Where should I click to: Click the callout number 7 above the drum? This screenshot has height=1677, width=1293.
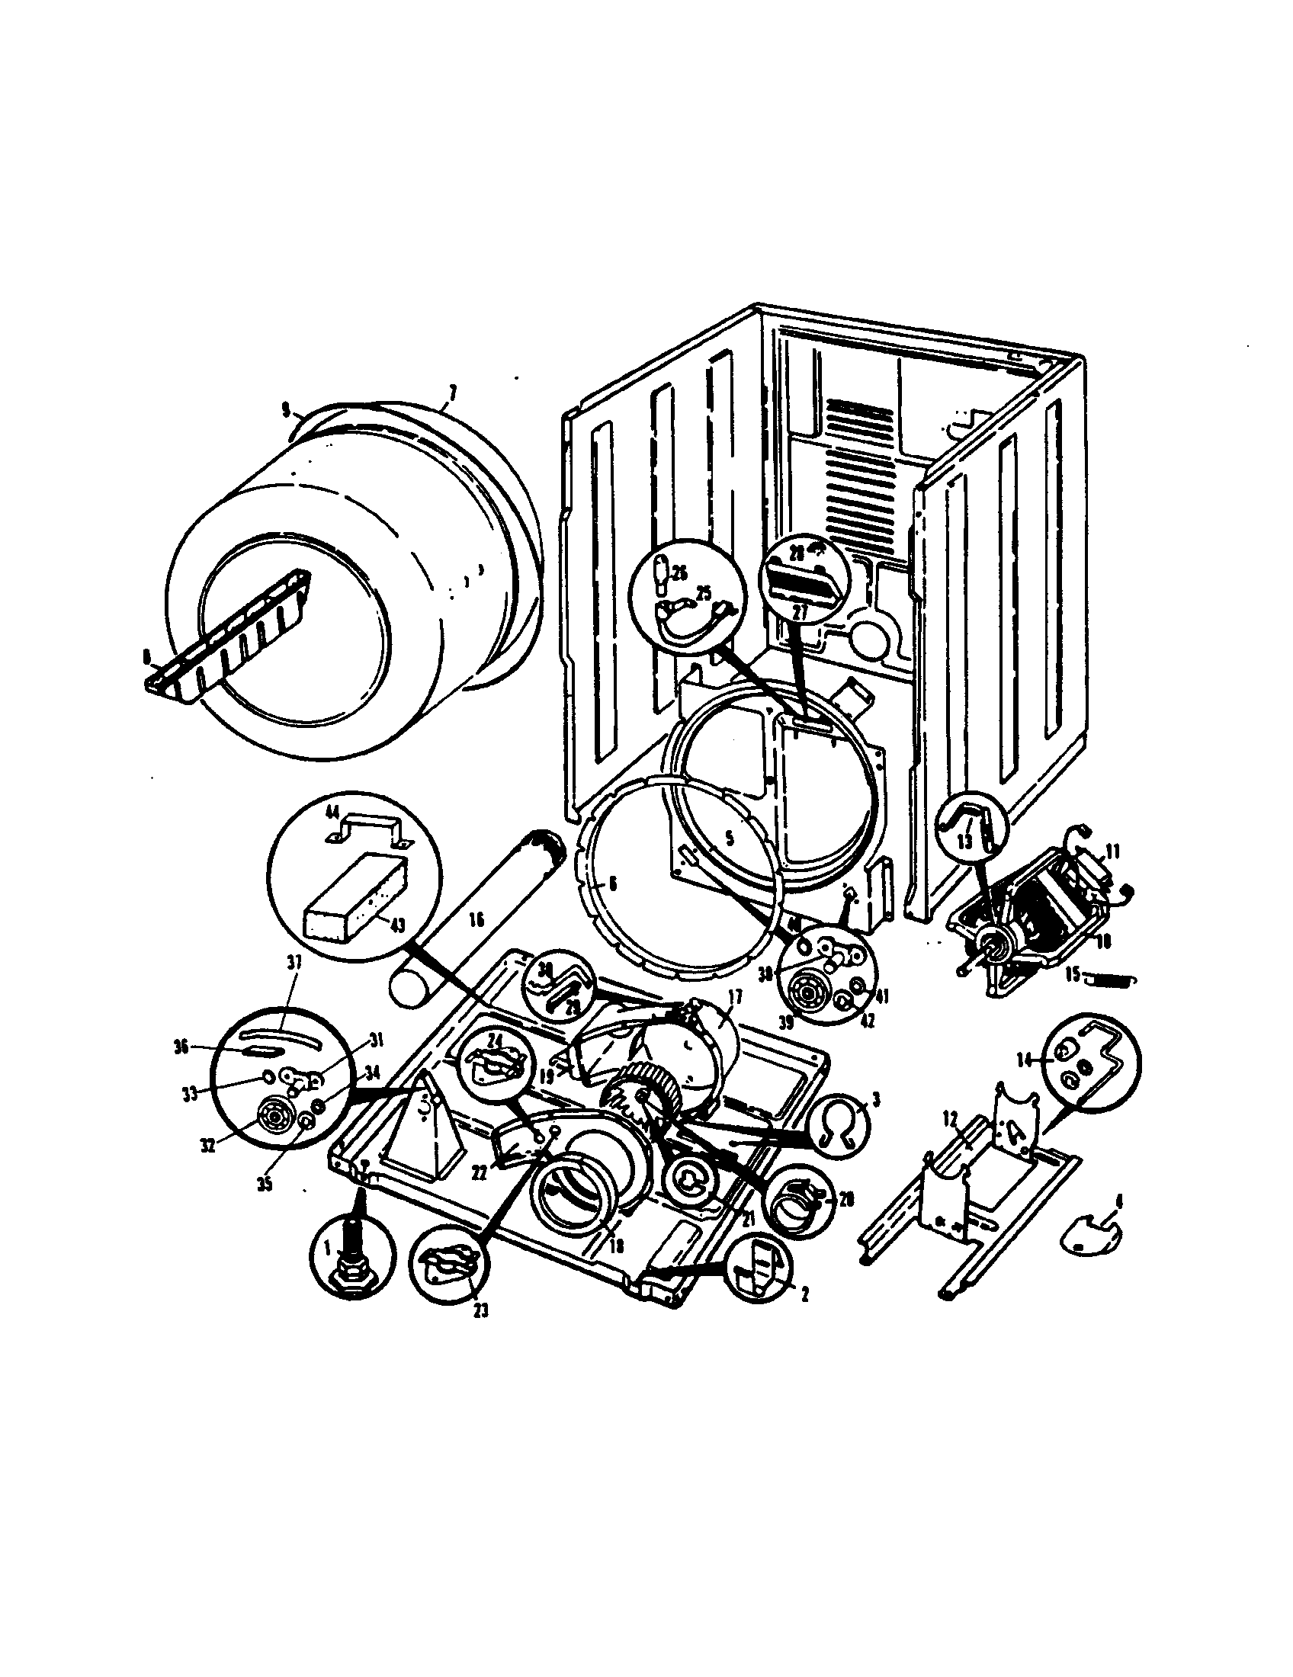point(452,393)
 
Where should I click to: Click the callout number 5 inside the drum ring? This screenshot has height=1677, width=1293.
point(730,839)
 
